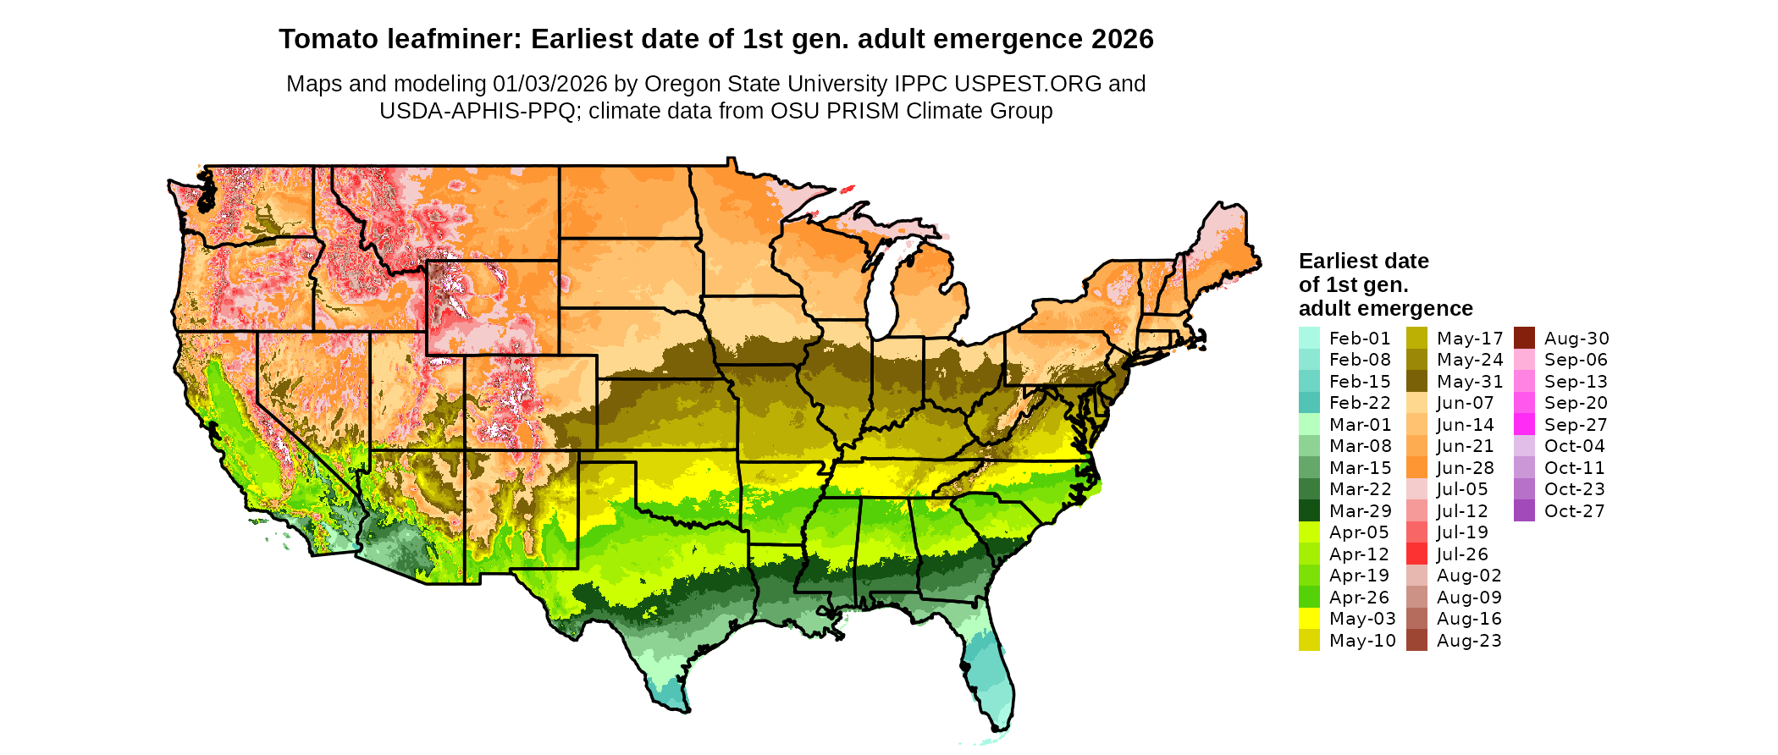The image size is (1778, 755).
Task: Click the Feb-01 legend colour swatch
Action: [x=1309, y=338]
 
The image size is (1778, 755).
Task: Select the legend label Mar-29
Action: [x=1360, y=511]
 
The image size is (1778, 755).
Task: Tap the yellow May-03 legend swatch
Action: [x=1309, y=619]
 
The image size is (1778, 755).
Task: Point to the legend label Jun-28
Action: [x=1466, y=468]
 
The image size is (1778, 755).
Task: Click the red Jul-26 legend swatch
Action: [x=1416, y=554]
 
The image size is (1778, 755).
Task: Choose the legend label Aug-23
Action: [x=1469, y=641]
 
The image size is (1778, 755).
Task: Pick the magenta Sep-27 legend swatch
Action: [x=1524, y=425]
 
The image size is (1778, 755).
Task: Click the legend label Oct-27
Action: [x=1574, y=511]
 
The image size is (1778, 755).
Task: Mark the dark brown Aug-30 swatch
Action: [x=1524, y=338]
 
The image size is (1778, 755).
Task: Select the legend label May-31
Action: [x=1470, y=382]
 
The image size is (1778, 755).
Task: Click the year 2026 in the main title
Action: [x=1122, y=40]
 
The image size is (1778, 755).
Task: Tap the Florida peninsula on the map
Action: [x=986, y=669]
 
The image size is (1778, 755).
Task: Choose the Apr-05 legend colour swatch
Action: [x=1309, y=532]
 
